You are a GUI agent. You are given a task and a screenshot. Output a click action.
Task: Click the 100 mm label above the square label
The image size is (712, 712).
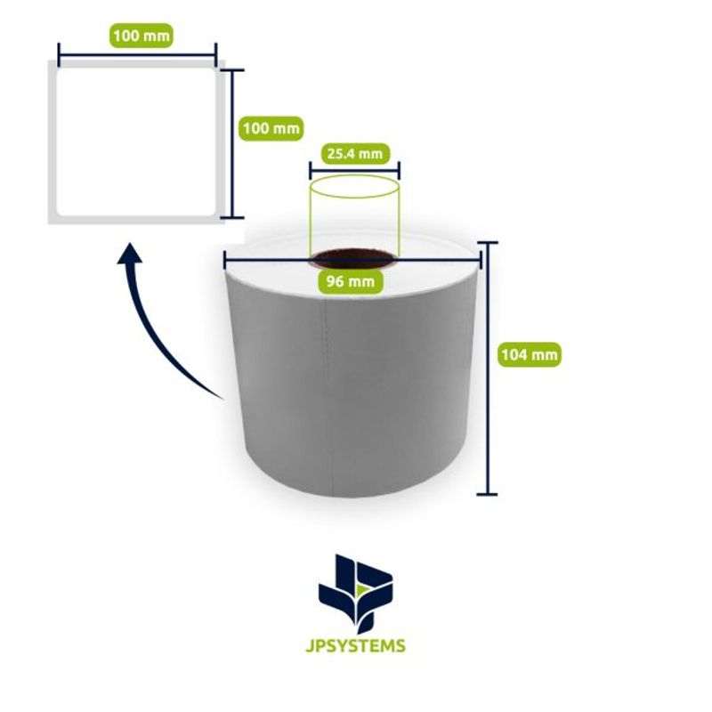[142, 36]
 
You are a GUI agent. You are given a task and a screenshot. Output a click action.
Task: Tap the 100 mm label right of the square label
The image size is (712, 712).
[271, 128]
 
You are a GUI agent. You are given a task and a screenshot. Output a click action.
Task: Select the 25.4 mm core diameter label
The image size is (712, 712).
[355, 154]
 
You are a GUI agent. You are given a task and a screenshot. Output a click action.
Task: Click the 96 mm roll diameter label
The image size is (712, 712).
[351, 281]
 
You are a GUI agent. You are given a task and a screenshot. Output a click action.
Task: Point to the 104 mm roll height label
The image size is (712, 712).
[530, 354]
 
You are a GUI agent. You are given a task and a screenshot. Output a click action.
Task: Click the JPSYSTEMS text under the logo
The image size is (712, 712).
[355, 645]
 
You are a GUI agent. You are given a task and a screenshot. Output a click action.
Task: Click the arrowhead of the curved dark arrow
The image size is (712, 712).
[130, 254]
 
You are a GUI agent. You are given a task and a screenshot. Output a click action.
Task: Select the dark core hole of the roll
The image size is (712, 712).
[354, 259]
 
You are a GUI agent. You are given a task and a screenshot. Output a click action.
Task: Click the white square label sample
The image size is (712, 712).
[135, 142]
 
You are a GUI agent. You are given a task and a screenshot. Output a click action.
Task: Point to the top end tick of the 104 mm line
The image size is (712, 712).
[488, 243]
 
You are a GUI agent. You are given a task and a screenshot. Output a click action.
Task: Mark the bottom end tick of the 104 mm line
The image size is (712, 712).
[488, 494]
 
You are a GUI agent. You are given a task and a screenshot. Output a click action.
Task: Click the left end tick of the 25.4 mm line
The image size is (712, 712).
[310, 171]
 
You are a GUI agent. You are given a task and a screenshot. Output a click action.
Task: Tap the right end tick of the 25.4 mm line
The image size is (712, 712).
[399, 171]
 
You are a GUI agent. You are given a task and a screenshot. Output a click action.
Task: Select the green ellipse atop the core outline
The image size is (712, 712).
[354, 187]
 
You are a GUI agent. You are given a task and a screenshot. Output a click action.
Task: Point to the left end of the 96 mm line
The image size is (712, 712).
[225, 260]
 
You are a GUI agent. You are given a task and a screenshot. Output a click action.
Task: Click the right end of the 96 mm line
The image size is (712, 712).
[481, 260]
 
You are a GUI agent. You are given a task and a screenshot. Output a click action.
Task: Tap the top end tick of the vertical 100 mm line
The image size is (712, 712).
[233, 70]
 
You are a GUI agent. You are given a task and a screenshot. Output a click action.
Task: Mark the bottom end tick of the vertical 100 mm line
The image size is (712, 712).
[233, 217]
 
